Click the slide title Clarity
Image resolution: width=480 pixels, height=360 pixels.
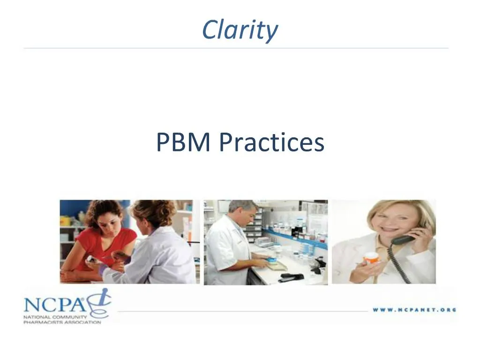pyautogui.click(x=240, y=30)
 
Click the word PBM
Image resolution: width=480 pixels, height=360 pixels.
pyautogui.click(x=183, y=142)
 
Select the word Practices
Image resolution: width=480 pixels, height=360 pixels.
pyautogui.click(x=271, y=142)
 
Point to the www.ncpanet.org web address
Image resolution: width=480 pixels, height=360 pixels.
pyautogui.click(x=414, y=310)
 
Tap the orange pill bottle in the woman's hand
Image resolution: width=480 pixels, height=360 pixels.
pyautogui.click(x=371, y=258)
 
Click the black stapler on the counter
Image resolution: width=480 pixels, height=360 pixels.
pyautogui.click(x=290, y=277)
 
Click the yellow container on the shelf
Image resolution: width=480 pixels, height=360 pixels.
pyautogui.click(x=65, y=220)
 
